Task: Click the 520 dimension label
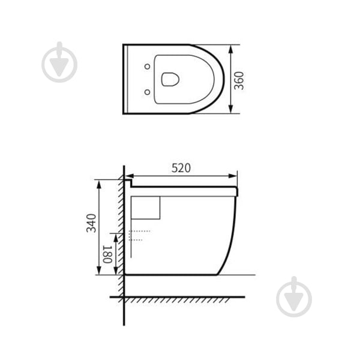181,168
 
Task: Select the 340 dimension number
91,223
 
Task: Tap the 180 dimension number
107,254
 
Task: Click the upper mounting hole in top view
146,65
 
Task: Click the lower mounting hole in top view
146,92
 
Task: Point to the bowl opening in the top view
171,79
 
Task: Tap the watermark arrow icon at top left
59,62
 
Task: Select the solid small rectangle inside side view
146,208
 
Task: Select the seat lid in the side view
183,190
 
